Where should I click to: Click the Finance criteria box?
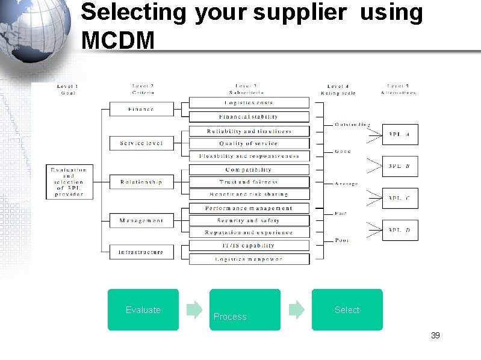click(x=141, y=110)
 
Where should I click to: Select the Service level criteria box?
click(x=141, y=143)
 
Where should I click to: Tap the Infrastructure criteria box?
click(x=141, y=252)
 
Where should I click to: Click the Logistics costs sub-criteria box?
click(x=249, y=103)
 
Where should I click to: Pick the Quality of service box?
click(x=249, y=144)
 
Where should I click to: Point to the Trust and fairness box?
click(x=249, y=182)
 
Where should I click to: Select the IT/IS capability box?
click(x=249, y=246)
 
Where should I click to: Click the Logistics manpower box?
click(x=249, y=259)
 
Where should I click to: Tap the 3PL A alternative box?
click(x=400, y=135)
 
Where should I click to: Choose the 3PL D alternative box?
click(x=400, y=230)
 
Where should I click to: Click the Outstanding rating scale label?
click(x=352, y=125)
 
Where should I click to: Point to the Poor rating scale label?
click(x=342, y=240)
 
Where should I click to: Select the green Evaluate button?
click(x=143, y=310)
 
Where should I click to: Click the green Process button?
click(x=245, y=310)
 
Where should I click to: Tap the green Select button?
click(x=347, y=310)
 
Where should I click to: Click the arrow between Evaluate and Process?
click(x=194, y=310)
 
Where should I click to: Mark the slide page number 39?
click(x=435, y=335)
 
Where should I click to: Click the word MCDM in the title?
click(x=118, y=40)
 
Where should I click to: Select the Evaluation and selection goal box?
click(x=69, y=182)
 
